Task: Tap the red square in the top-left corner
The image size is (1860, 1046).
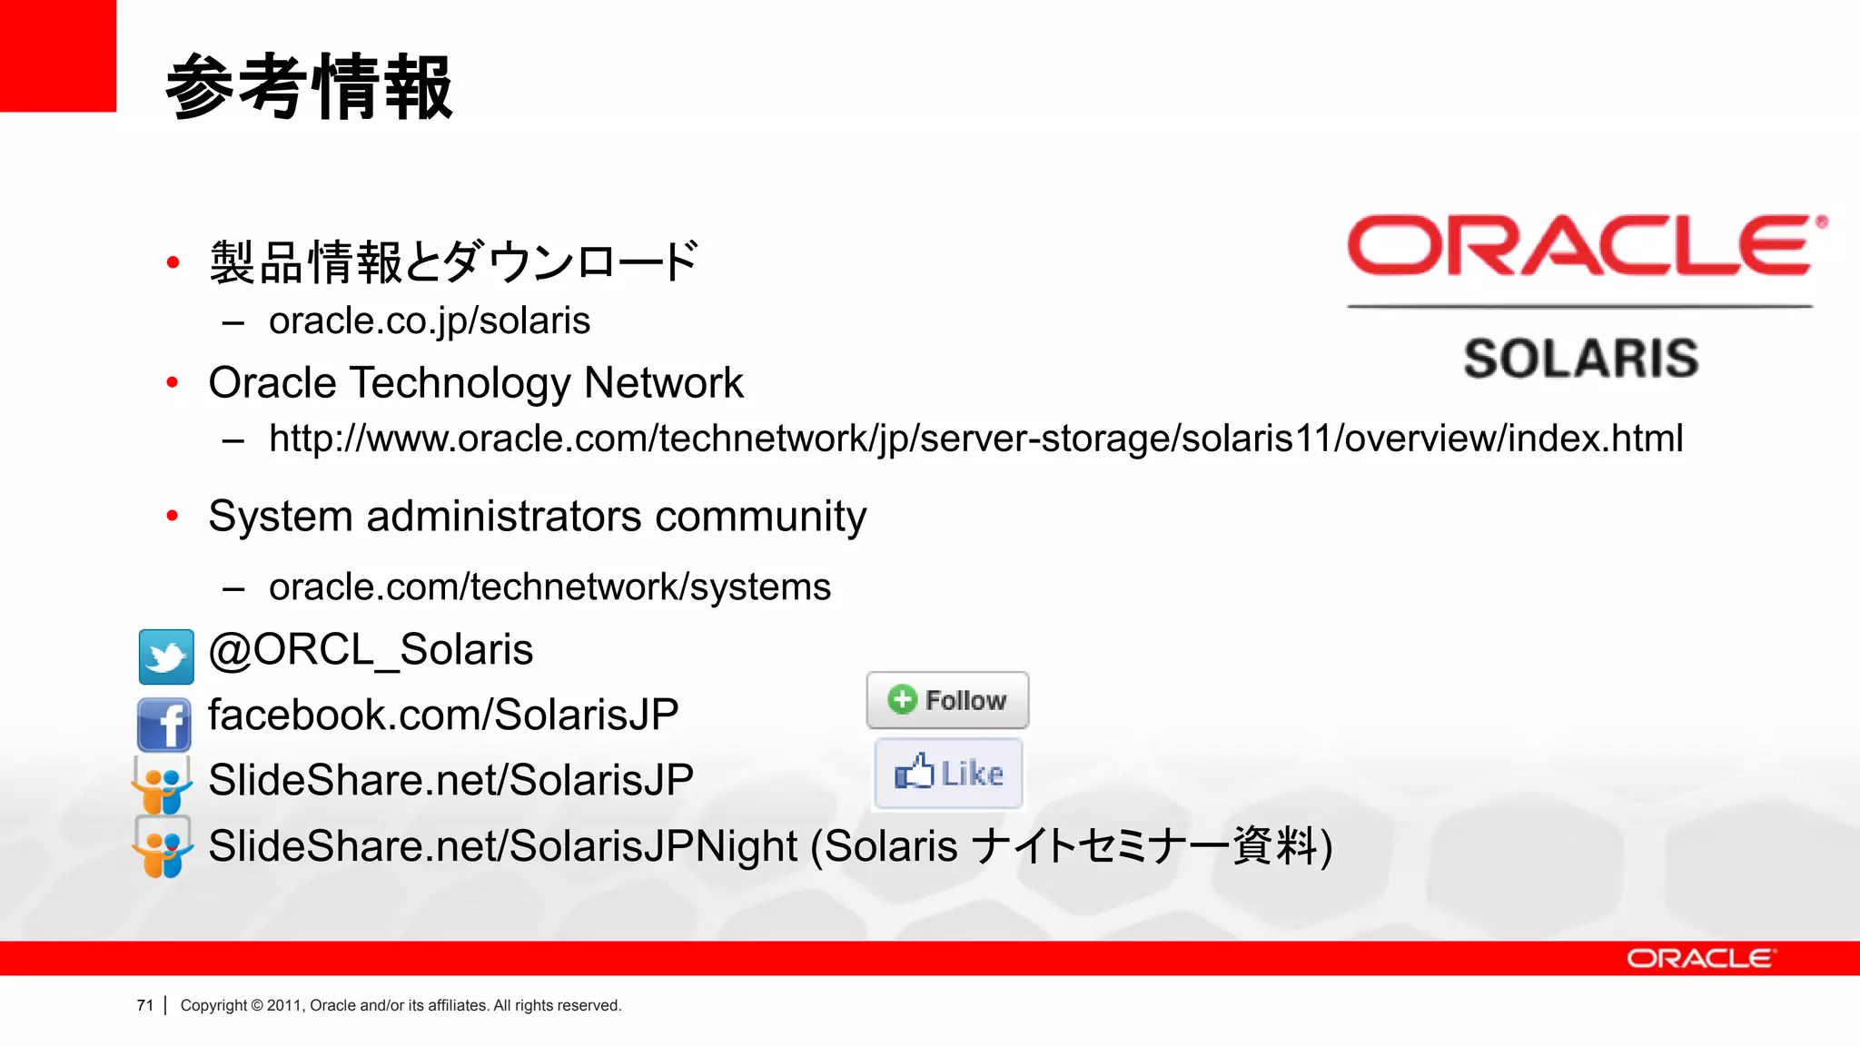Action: click(57, 55)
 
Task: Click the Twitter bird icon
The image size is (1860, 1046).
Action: click(166, 656)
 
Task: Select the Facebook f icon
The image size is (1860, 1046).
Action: click(164, 724)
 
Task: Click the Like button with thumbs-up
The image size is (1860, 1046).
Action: click(948, 774)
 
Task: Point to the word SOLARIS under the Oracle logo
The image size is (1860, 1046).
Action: click(1580, 358)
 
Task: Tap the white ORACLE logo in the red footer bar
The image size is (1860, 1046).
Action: click(1699, 959)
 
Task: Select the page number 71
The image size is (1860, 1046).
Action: click(145, 1005)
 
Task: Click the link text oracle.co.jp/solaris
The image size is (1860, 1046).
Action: click(429, 321)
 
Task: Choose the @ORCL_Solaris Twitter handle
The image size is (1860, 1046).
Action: click(371, 650)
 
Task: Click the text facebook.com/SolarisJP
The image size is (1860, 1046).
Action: click(443, 715)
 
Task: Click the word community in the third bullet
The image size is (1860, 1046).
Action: click(760, 517)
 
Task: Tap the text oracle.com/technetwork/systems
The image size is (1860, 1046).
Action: click(549, 587)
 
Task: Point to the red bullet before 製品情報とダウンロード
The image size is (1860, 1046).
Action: click(173, 263)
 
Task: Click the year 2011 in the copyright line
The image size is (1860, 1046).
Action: click(283, 1005)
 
